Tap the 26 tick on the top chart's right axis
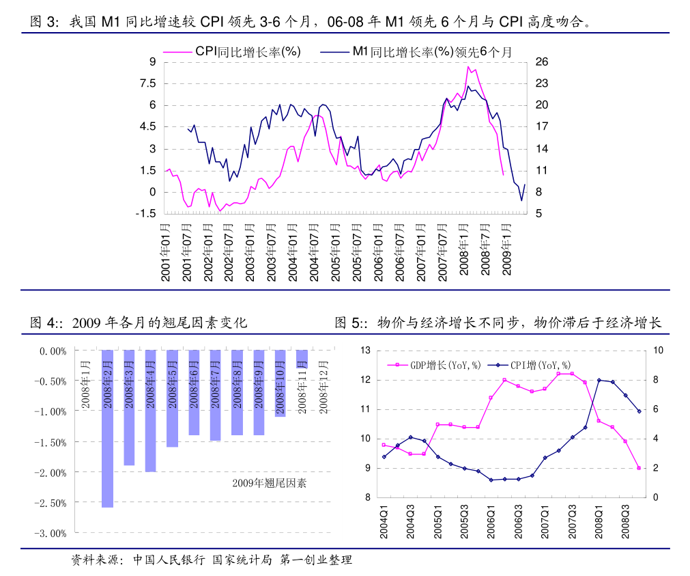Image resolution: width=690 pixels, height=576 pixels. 542,62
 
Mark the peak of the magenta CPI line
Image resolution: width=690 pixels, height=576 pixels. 468,66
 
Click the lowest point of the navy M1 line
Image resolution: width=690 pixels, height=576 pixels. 521,200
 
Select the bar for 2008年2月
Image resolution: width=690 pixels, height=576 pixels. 107,428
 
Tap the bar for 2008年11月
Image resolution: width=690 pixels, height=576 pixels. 302,359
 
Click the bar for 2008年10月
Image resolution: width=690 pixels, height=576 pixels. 280,383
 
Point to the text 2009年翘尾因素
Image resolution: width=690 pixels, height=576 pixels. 269,483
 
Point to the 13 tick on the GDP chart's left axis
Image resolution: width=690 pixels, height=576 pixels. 365,350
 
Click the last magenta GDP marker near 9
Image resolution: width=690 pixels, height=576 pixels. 639,468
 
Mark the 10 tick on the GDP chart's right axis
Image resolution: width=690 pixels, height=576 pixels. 659,350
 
